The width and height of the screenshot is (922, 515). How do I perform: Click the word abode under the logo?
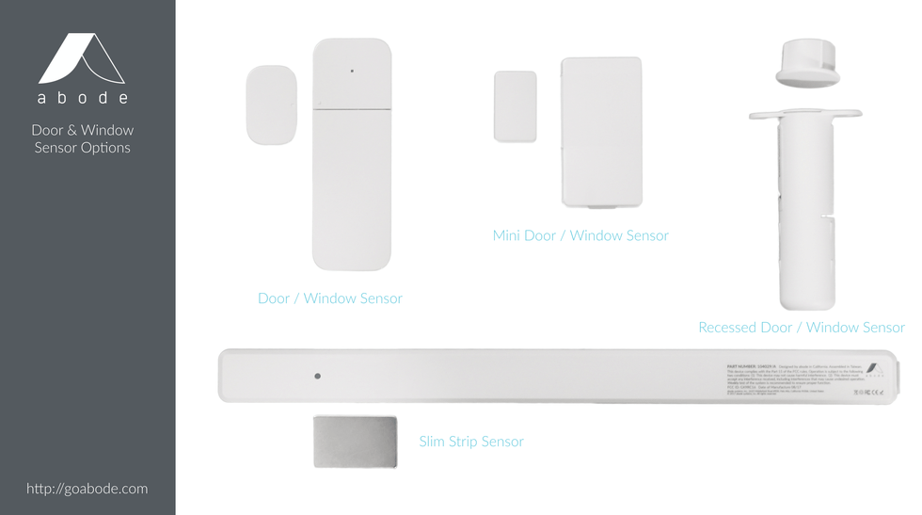pos(83,98)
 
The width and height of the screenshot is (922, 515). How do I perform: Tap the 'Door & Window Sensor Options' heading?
pos(83,138)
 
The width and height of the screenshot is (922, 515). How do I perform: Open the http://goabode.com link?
pos(87,488)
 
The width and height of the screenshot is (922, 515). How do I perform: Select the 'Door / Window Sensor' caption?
pos(329,298)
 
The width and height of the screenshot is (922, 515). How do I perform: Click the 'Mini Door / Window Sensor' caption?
pos(580,235)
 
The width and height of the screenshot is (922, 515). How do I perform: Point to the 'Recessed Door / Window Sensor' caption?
pos(801,328)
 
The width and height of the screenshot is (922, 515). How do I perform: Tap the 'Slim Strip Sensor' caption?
pos(471,441)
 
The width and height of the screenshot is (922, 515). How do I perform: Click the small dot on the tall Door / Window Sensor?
pos(352,71)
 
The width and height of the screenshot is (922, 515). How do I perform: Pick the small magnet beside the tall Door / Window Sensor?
pos(271,105)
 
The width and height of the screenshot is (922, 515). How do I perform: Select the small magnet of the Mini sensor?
pos(515,106)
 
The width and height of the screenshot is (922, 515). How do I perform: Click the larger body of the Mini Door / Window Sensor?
pos(601,131)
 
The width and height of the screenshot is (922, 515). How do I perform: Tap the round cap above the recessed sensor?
pos(807,62)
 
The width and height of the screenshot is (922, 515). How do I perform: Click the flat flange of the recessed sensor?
pos(805,115)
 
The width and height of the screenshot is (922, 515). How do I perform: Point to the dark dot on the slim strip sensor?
pos(317,376)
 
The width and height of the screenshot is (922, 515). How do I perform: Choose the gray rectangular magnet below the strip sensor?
pos(355,442)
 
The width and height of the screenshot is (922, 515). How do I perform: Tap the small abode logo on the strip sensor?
pos(874,369)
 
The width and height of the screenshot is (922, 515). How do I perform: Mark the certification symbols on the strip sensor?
pos(867,392)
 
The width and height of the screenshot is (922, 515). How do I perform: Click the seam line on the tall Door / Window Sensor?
pos(352,109)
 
